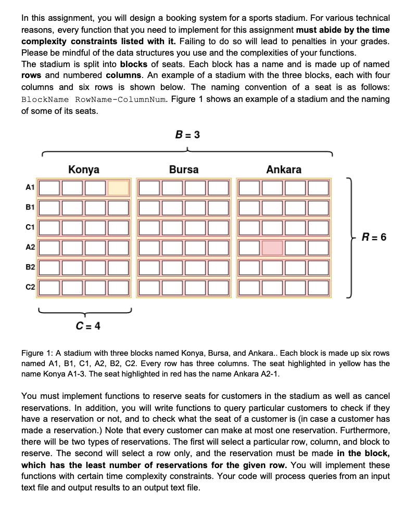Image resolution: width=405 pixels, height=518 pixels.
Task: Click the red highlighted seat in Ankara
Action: [x=272, y=247]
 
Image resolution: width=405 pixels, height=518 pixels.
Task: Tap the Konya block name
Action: [x=84, y=170]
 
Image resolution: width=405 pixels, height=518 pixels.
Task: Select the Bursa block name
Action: [x=183, y=170]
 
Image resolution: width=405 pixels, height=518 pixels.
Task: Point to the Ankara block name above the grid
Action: [x=284, y=170]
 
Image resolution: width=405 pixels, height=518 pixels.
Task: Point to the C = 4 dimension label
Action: [x=88, y=326]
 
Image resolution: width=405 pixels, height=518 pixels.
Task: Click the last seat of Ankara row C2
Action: [x=318, y=287]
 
